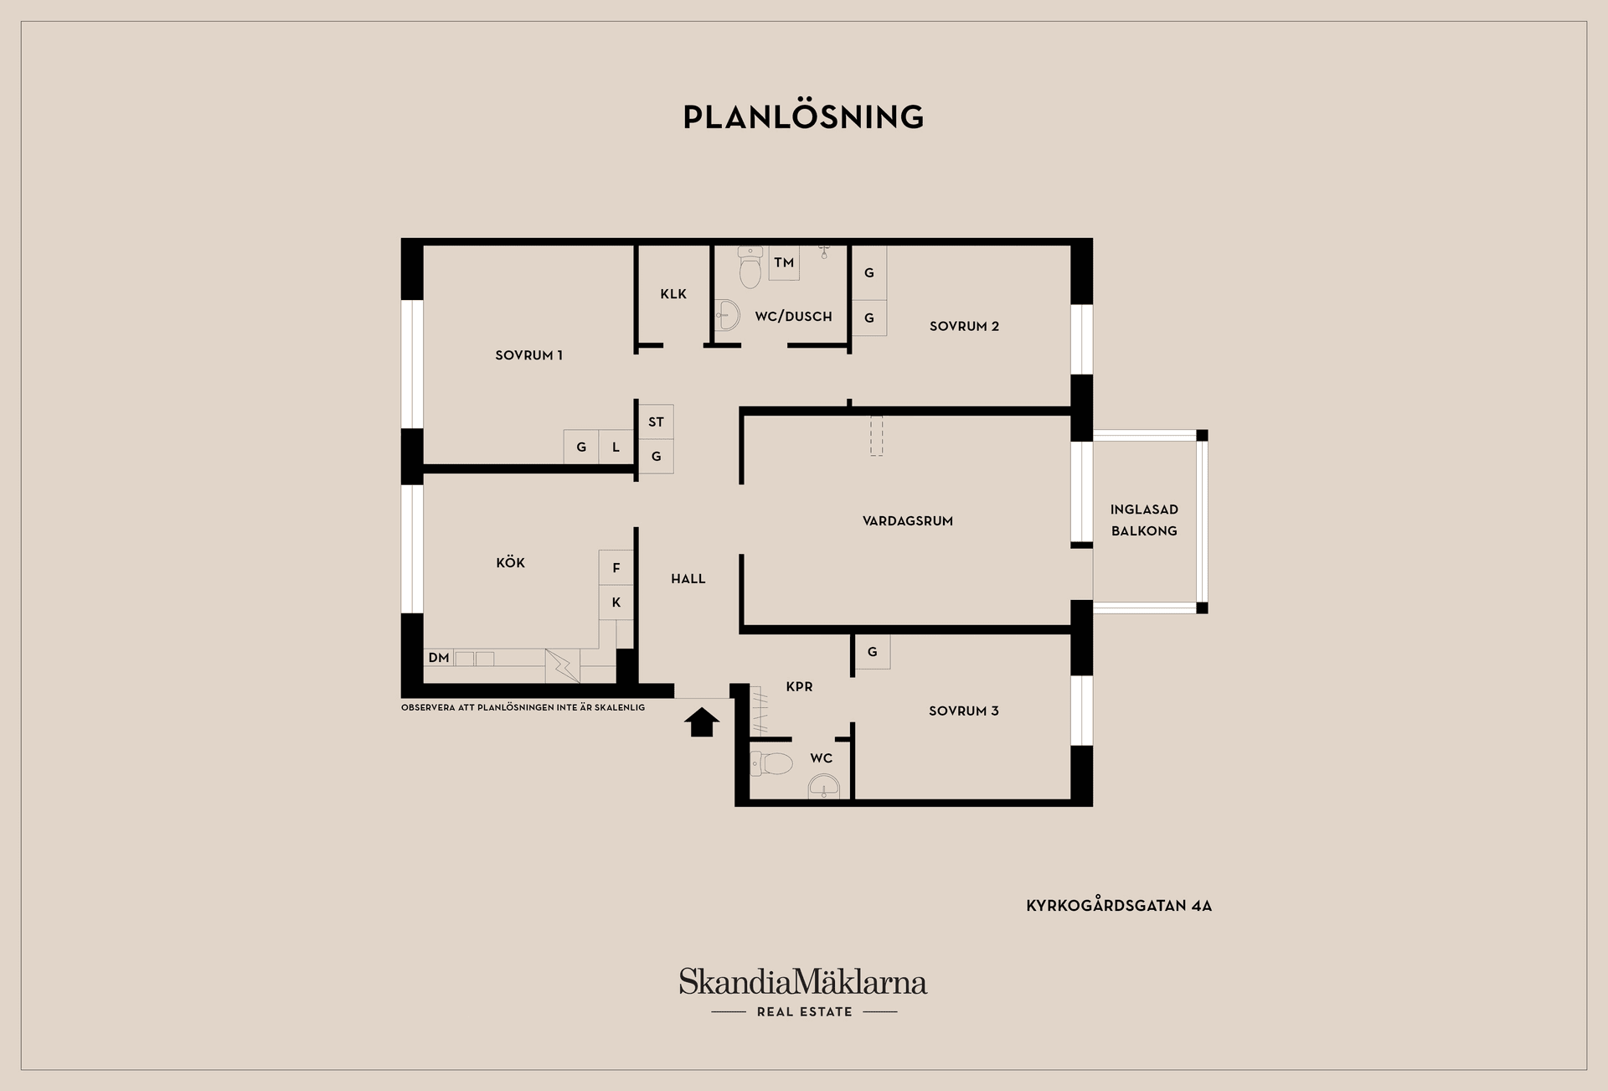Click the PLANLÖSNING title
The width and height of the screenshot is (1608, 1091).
803,116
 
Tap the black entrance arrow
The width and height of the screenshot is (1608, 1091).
702,722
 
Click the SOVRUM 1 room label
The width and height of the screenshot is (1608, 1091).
528,355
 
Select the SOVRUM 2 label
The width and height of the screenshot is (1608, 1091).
964,327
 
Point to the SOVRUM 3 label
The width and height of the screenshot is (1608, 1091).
963,711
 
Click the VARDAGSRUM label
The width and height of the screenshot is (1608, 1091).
908,521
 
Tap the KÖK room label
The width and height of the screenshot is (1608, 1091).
510,562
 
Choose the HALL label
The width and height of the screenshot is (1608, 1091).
688,579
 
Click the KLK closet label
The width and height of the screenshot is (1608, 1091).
673,294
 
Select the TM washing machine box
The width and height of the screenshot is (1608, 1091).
784,263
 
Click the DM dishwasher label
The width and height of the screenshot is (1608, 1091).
439,658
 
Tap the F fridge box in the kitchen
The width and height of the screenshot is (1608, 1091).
616,568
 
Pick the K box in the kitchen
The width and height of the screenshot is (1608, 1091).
616,602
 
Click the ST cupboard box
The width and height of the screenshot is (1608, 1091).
656,422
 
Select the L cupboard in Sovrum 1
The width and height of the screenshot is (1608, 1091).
616,447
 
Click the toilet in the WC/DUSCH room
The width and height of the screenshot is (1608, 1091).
750,266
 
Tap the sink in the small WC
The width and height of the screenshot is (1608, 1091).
824,787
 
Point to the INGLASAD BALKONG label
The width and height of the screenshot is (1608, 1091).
1144,520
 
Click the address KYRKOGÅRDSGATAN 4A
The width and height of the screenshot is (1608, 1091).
1119,906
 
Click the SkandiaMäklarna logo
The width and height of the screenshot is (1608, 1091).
803,992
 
